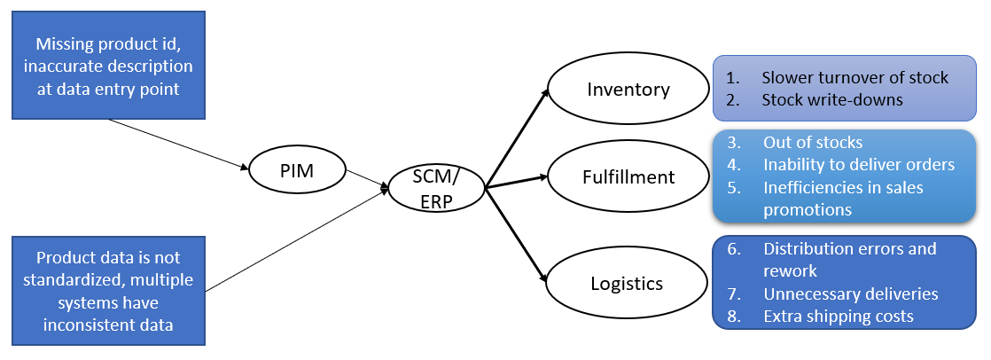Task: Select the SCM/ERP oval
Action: [434, 189]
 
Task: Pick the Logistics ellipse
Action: [627, 284]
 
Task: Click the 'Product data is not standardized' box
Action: [109, 291]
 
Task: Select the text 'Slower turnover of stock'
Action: [854, 77]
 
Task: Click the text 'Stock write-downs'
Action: [831, 99]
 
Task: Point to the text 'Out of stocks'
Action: [812, 142]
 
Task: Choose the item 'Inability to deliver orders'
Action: [858, 164]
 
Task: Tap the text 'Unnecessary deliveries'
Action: [850, 293]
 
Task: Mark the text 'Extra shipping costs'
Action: [838, 316]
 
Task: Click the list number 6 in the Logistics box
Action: [734, 249]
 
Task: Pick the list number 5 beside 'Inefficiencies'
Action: [734, 187]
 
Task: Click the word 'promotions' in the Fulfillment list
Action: [807, 209]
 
